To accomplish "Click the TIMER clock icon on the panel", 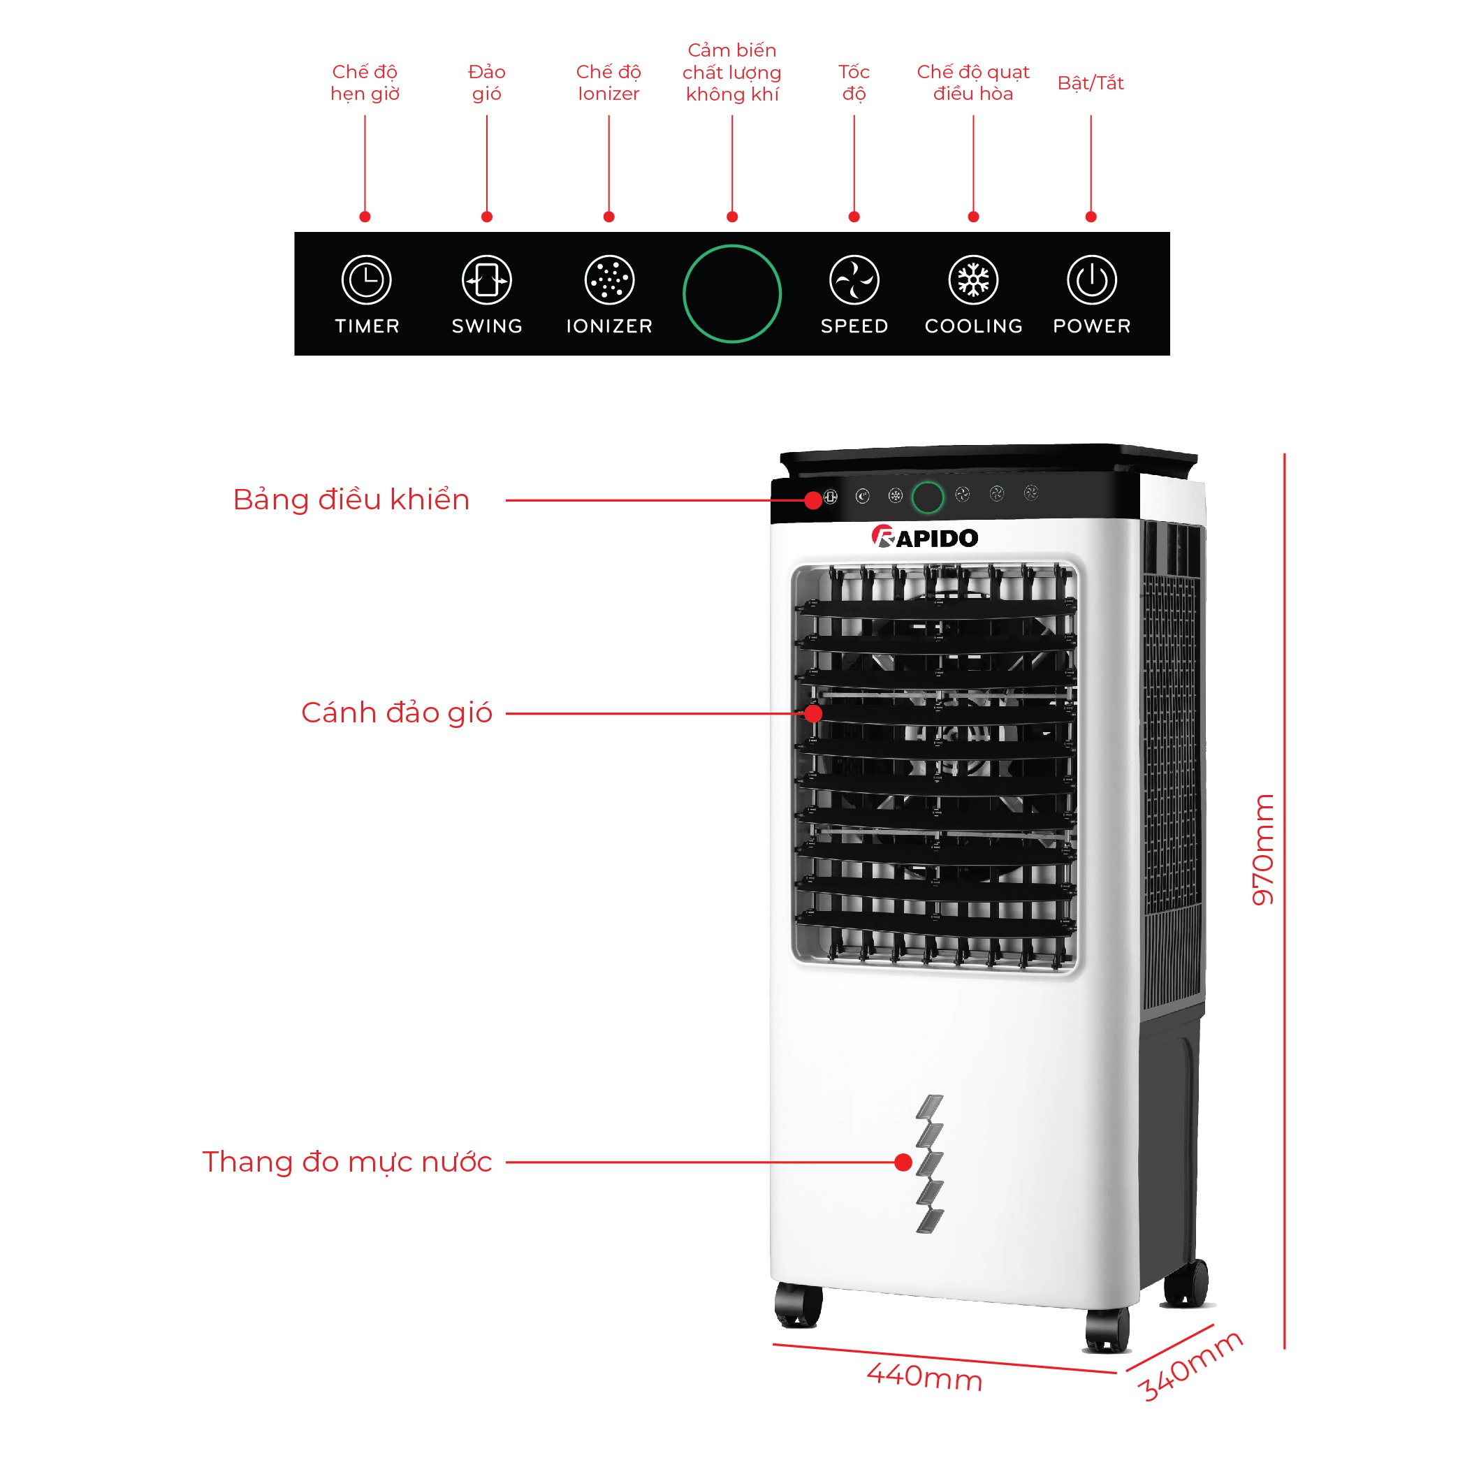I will coord(366,280).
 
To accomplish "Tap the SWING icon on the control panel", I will coord(487,280).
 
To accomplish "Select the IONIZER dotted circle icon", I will coord(609,280).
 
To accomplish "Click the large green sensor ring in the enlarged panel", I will coord(731,293).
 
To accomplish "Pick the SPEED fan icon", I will coord(854,280).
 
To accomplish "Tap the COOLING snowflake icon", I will coord(972,280).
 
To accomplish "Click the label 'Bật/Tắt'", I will coord(1090,83).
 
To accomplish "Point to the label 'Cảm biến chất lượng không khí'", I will coord(731,73).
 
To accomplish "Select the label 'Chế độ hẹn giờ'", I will coord(365,83).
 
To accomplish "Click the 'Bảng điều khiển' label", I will coord(351,500).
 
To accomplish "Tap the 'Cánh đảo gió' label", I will coord(396,713).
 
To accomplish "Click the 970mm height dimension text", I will coord(1262,849).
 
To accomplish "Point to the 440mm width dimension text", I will coord(924,1376).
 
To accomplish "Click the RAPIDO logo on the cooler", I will coord(924,537).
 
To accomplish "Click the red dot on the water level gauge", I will coord(903,1162).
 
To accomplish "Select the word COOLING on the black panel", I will coord(972,326).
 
